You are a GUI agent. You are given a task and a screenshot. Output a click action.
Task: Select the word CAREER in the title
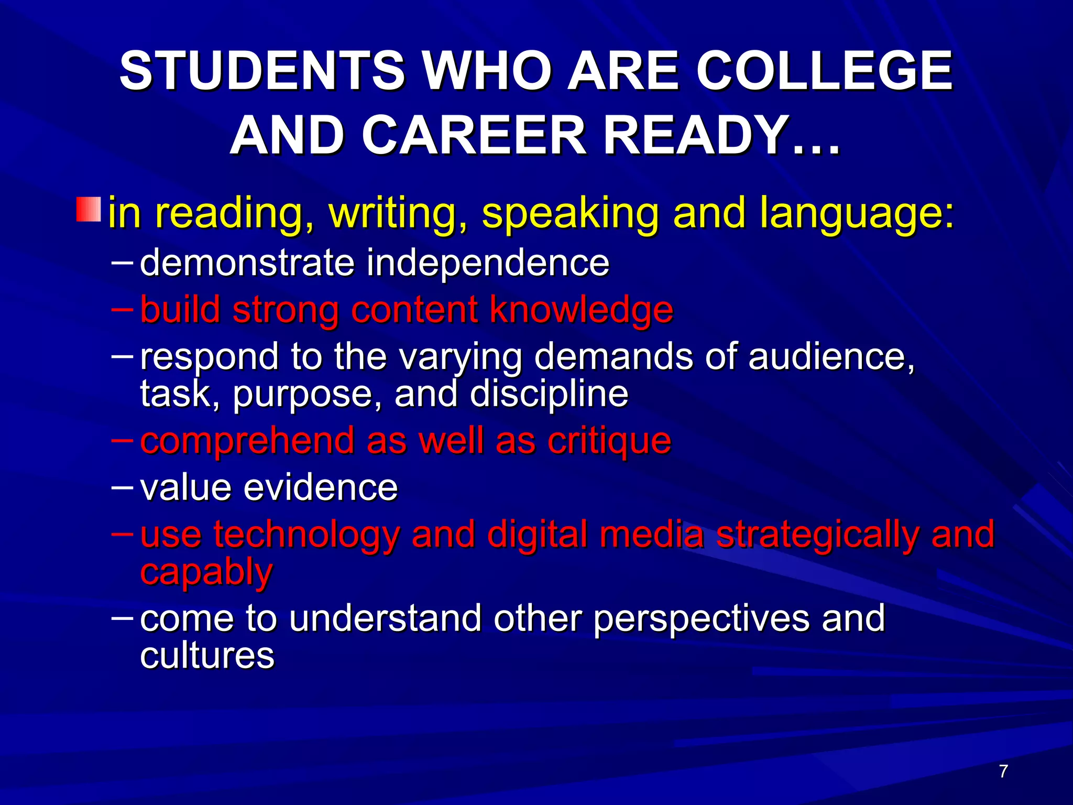point(474,136)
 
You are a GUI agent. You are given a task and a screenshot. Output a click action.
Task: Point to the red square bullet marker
point(89,209)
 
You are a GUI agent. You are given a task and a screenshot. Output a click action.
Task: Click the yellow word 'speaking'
point(570,214)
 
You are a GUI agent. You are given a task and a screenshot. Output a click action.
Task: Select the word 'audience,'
point(831,356)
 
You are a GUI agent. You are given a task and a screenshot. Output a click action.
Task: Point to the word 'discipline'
point(549,394)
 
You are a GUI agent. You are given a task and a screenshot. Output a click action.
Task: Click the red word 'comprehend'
point(247,441)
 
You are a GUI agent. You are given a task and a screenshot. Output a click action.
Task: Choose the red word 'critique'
point(609,441)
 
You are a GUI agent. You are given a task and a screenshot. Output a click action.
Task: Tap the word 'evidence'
point(321,487)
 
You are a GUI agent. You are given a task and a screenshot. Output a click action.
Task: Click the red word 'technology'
point(306,535)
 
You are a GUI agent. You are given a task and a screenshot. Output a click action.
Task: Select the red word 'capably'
point(206,572)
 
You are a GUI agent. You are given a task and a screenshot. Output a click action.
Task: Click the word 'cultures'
point(207,655)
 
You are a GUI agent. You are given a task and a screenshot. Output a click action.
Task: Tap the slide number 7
point(1003,771)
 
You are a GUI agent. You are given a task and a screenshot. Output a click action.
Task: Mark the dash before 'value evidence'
point(123,486)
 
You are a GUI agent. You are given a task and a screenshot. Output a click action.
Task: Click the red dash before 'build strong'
point(123,309)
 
